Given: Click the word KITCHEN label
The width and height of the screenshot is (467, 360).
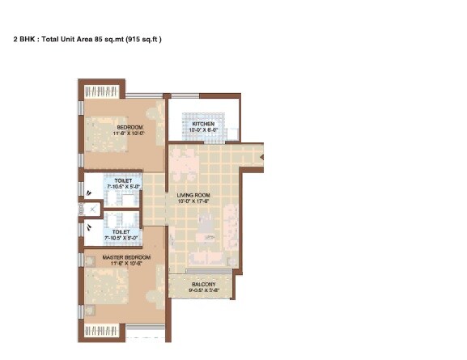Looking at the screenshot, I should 203,124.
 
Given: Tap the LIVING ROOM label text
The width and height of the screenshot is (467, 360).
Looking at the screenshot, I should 194,195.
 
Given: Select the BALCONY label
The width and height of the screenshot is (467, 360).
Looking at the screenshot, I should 203,285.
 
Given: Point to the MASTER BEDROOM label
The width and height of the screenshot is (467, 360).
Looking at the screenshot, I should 122,257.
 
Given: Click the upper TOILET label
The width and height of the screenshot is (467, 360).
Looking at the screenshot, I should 122,181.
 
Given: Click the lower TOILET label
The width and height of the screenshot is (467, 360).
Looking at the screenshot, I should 122,231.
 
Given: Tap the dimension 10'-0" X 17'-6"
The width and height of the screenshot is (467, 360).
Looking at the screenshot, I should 194,202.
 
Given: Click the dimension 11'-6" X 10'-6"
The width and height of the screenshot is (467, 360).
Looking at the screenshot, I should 122,264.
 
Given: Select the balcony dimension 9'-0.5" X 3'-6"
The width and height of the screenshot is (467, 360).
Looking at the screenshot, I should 203,292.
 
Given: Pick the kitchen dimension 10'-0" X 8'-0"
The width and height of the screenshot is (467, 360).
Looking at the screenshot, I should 203,130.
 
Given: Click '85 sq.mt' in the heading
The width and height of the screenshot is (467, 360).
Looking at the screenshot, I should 109,38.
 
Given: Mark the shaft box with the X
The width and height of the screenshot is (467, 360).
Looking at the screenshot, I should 93,210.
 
